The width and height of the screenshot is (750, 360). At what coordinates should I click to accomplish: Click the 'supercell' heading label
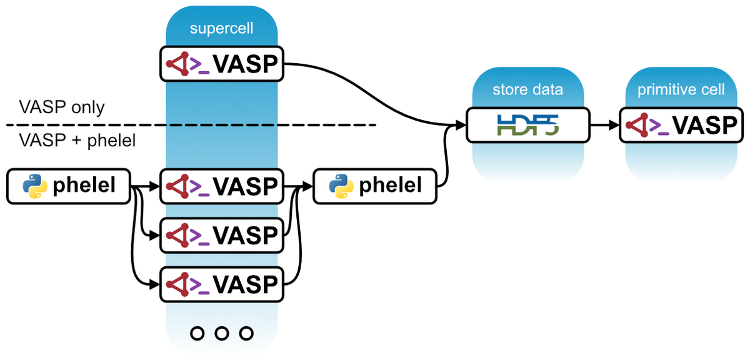point(222,29)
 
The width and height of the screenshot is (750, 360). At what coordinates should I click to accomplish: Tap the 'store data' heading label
point(528,90)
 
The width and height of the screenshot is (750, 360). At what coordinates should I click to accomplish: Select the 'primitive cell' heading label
point(681,90)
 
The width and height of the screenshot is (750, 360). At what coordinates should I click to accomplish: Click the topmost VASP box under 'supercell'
point(222,63)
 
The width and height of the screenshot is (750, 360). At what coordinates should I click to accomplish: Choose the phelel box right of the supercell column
point(375,186)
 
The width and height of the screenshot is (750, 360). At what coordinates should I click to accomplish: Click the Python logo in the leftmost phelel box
point(35,186)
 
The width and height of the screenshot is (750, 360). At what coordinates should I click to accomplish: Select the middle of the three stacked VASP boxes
point(222,235)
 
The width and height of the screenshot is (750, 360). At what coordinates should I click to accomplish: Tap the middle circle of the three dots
point(222,333)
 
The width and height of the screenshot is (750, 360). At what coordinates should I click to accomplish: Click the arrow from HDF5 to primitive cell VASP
point(604,125)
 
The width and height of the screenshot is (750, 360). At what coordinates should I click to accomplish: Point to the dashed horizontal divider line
point(187,125)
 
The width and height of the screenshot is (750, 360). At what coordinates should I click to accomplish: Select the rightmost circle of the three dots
point(246,333)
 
